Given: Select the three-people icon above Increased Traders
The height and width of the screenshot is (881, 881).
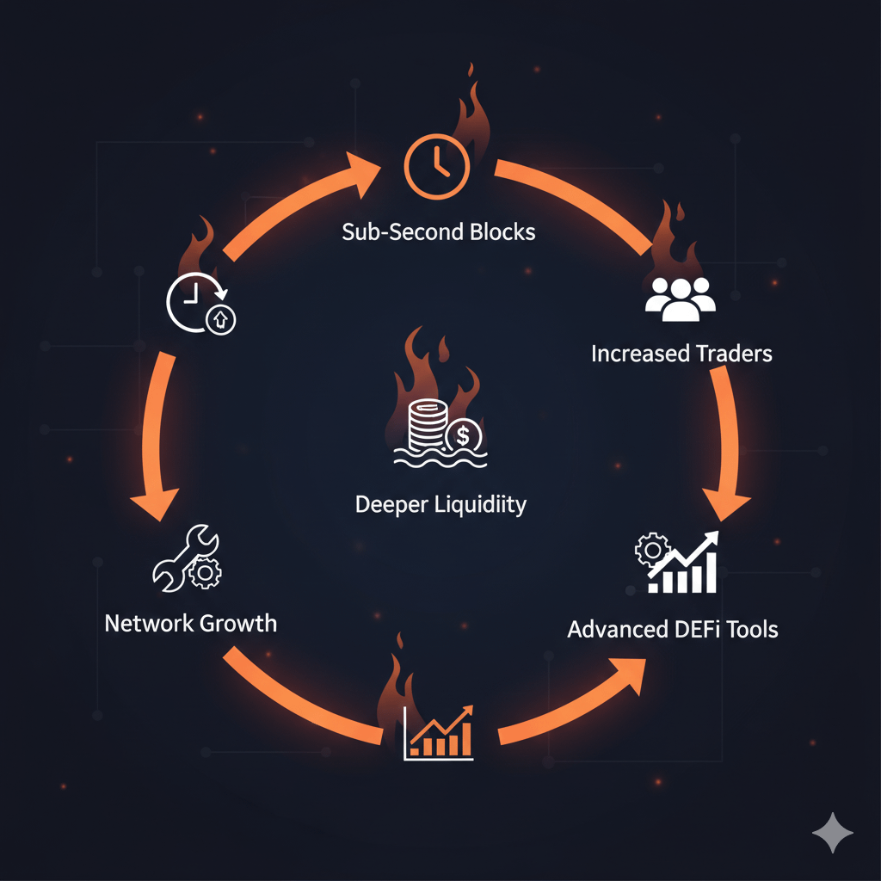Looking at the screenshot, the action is [x=680, y=299].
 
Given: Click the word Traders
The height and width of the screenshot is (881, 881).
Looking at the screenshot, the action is [x=730, y=353].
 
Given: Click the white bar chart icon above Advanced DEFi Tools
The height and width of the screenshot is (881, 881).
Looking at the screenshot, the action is [x=678, y=564].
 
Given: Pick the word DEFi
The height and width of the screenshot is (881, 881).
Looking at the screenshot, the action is [x=691, y=629].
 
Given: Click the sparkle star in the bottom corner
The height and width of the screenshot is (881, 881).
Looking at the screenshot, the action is [x=833, y=834].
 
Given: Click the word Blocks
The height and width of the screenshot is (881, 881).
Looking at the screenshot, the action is [x=501, y=232].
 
